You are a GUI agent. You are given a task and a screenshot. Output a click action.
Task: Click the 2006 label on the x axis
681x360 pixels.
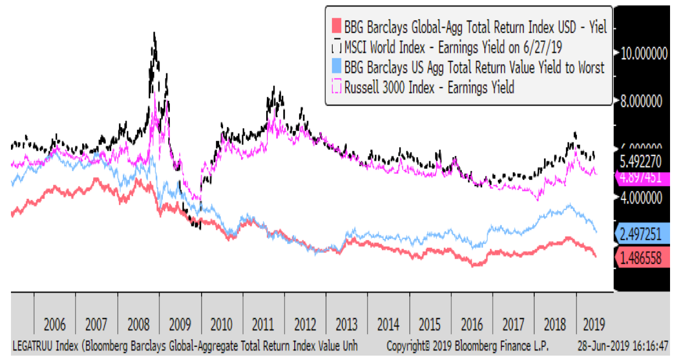coord(55,324)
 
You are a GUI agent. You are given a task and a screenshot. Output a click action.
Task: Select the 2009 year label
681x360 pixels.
coord(180,324)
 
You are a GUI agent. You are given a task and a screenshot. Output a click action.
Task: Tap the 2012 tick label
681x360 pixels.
coord(305,324)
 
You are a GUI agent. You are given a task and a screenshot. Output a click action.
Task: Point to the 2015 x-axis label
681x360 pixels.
coord(430,324)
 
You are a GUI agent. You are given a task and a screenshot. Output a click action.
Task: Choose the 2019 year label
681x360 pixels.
coord(592,324)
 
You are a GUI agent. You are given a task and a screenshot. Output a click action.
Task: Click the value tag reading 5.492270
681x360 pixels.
coord(644,162)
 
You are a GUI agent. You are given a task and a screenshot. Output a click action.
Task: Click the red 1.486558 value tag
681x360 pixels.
coord(644,256)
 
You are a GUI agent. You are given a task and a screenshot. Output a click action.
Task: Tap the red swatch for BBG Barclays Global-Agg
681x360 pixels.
coord(336,26)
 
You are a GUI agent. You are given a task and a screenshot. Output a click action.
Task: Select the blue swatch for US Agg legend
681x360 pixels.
coord(336,67)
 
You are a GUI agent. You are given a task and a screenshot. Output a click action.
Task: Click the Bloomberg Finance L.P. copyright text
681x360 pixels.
coord(467,347)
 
